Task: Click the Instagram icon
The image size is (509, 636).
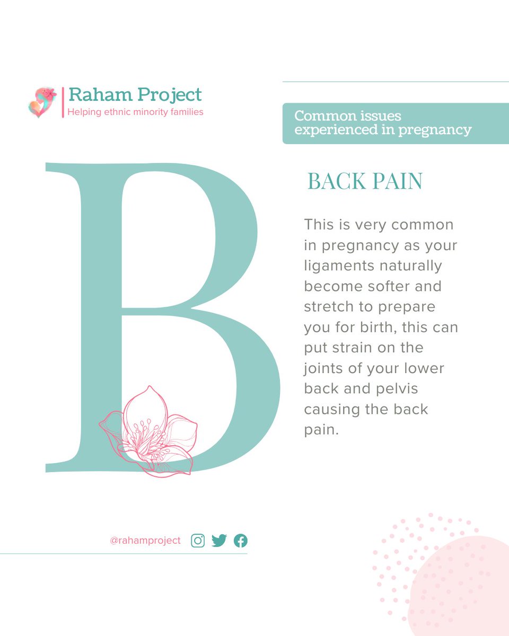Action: (198, 541)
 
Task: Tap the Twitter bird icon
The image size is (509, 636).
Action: (219, 541)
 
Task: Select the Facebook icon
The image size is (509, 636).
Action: (240, 541)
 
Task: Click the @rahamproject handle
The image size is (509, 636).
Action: (145, 541)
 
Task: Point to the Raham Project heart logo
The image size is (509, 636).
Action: (42, 102)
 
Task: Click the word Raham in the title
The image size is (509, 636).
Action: (99, 94)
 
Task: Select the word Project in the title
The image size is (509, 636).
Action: (169, 95)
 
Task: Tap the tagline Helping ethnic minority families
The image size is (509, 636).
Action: (135, 112)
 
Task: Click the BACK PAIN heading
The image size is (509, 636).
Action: (365, 182)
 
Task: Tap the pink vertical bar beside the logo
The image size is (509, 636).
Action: (63, 102)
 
